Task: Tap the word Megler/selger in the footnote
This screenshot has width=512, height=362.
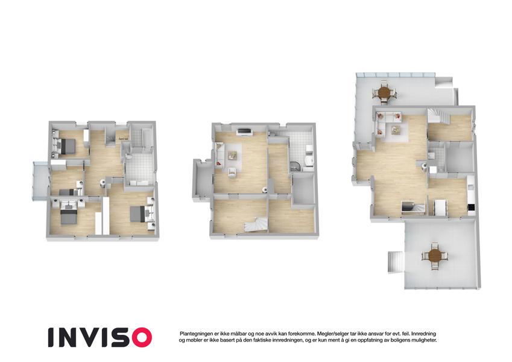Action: [332, 334]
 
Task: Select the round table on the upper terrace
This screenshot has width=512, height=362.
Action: [385, 92]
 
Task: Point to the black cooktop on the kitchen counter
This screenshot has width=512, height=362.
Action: [471, 207]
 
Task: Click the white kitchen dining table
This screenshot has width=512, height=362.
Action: [440, 207]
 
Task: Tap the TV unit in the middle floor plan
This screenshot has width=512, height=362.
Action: [245, 132]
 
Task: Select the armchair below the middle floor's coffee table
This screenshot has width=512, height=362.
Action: [232, 172]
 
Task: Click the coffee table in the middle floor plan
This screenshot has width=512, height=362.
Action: [233, 155]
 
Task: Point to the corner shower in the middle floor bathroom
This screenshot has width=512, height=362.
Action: [295, 167]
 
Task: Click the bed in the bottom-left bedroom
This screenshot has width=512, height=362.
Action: [69, 216]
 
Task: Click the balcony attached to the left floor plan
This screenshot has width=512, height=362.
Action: [41, 180]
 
